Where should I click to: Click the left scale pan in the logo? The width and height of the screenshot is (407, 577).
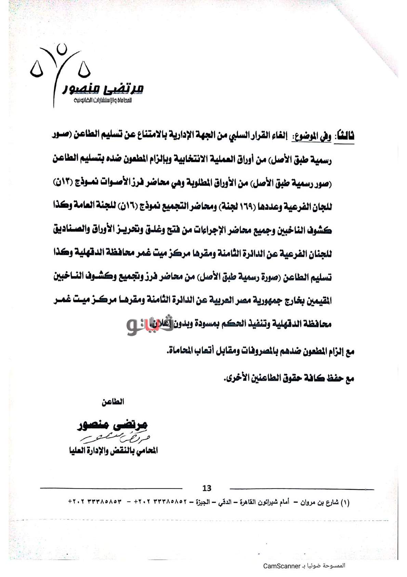[37, 72]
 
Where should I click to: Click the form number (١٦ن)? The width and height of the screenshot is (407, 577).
[128, 207]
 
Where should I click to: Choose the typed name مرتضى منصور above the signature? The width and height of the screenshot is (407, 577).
[113, 425]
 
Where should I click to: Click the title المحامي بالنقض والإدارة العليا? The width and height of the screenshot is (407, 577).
[113, 451]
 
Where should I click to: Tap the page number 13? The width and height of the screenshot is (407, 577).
[207, 488]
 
